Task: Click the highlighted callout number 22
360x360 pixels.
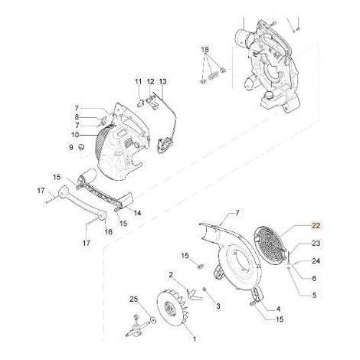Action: [x=316, y=226]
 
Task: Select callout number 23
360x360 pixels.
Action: [x=316, y=243]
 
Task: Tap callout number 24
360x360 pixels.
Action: [x=316, y=261]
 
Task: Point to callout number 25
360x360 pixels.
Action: [x=133, y=299]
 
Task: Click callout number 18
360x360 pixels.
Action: [x=205, y=50]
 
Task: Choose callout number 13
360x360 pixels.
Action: [x=162, y=81]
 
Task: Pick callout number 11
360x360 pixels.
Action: [x=138, y=81]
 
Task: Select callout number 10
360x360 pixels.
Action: [x=75, y=135]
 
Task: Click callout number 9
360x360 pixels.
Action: [x=71, y=147]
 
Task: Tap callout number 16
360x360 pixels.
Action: [x=109, y=232]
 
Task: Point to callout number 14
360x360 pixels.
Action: [x=138, y=213]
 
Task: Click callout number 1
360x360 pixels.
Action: [x=195, y=339]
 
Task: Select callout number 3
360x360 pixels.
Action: [x=218, y=306]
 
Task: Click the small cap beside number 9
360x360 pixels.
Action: [x=81, y=147]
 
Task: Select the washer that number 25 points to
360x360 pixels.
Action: [x=153, y=319]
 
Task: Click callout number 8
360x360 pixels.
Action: [x=77, y=117]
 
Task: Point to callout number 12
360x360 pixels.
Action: [x=150, y=81]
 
